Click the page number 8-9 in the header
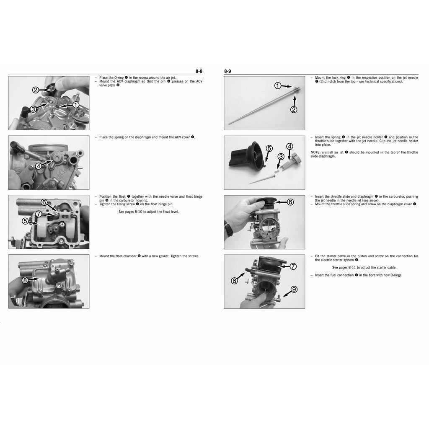pyautogui.click(x=227, y=72)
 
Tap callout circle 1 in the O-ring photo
pyautogui.click(x=76, y=105)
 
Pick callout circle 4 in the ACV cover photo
pyautogui.click(x=39, y=166)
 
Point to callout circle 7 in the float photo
pyautogui.click(x=39, y=214)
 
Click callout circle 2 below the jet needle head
pyautogui.click(x=294, y=110)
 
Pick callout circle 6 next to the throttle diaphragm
pyautogui.click(x=290, y=202)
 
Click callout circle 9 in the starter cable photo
pyautogui.click(x=294, y=289)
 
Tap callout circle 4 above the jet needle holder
pyautogui.click(x=289, y=146)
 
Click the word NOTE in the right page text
pyautogui.click(x=315, y=152)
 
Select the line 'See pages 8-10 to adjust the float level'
pyautogui.click(x=148, y=212)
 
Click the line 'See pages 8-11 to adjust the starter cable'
pyautogui.click(x=364, y=267)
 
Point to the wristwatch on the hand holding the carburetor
pyautogui.click(x=228, y=229)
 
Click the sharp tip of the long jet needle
pyautogui.click(x=230, y=123)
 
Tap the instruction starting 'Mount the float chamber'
pyautogui.click(x=149, y=256)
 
